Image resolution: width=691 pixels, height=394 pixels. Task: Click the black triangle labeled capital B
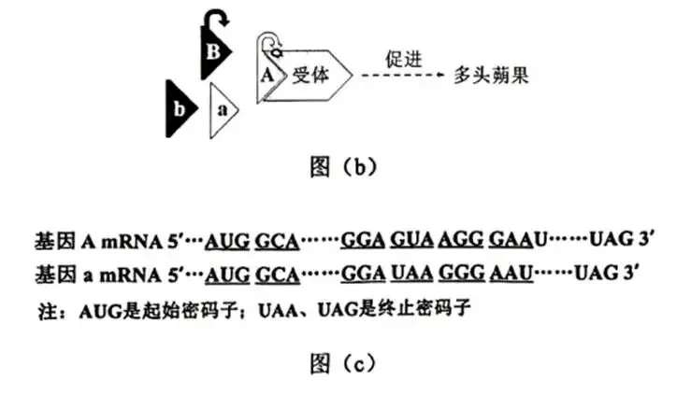pyautogui.click(x=213, y=53)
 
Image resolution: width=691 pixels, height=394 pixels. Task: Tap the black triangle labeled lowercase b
pyautogui.click(x=179, y=108)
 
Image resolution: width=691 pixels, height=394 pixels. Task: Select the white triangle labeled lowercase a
pyautogui.click(x=222, y=110)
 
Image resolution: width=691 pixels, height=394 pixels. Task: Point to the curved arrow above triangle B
pyautogui.click(x=216, y=19)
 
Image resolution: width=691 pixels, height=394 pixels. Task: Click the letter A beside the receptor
pyautogui.click(x=267, y=76)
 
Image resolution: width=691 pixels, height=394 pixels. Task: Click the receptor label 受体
pyautogui.click(x=310, y=76)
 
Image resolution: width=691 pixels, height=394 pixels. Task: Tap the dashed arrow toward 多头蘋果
pyautogui.click(x=403, y=75)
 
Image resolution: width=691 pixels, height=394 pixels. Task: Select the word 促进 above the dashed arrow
pyautogui.click(x=404, y=60)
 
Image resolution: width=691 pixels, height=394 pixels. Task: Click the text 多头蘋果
pyautogui.click(x=491, y=76)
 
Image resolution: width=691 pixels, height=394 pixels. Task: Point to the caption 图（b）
pyautogui.click(x=344, y=167)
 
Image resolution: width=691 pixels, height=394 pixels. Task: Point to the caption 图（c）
pyautogui.click(x=344, y=363)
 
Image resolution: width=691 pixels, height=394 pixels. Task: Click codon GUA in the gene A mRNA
pyautogui.click(x=411, y=240)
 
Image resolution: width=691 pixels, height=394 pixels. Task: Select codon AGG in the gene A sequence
pyautogui.click(x=461, y=240)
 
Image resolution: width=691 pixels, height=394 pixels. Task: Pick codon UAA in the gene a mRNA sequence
pyautogui.click(x=411, y=274)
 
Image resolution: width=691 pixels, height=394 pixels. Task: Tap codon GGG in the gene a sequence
pyautogui.click(x=461, y=274)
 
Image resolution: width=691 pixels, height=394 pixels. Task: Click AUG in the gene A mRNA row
pyautogui.click(x=227, y=241)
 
